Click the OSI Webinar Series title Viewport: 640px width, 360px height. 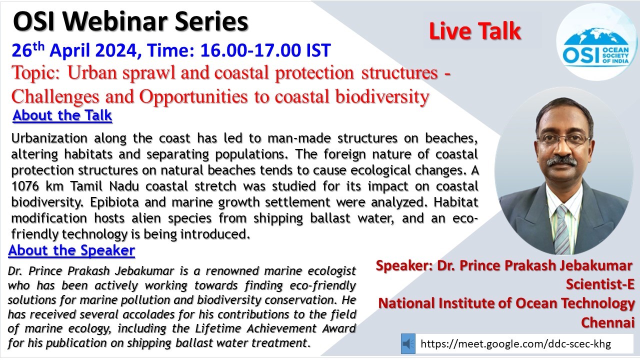pyautogui.click(x=130, y=21)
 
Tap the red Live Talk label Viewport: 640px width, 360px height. pyautogui.click(x=475, y=31)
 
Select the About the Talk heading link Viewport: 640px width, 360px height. pyautogui.click(x=62, y=115)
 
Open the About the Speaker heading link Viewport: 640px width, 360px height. pyautogui.click(x=71, y=250)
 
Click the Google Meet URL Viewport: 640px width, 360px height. pyautogui.click(x=515, y=343)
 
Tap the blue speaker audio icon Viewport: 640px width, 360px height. pyautogui.click(x=408, y=343)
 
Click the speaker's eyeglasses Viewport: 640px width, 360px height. pyautogui.click(x=563, y=139)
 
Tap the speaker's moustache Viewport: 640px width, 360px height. pyautogui.click(x=561, y=161)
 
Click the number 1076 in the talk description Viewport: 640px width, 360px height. pyautogui.click(x=25, y=186)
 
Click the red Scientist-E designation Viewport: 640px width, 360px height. pyautogui.click(x=599, y=284)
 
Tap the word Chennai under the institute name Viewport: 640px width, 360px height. pyautogui.click(x=607, y=323)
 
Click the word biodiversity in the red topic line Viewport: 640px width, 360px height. pyautogui.click(x=382, y=96)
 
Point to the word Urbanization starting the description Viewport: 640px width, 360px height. pyautogui.click(x=49, y=138)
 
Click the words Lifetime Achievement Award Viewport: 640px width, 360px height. pyautogui.click(x=275, y=328)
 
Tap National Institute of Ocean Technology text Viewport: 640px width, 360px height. pyautogui.click(x=506, y=303)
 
